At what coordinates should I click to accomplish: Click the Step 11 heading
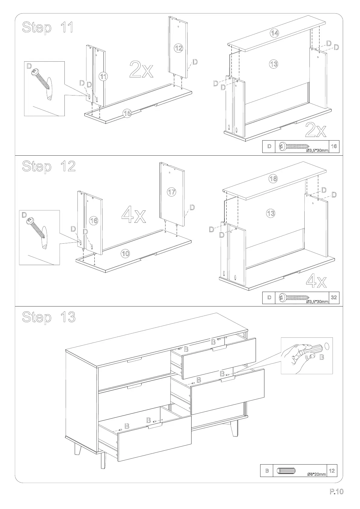pos(47,28)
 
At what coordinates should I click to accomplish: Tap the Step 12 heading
pos(48,166)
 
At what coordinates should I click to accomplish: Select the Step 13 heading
pos(48,317)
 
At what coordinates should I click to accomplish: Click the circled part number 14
pos(274,33)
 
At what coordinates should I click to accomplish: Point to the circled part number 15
pos(127,113)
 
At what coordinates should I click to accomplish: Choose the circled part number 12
pos(178,48)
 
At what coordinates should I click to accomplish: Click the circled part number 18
pos(273,179)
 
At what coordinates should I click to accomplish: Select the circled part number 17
pos(172,192)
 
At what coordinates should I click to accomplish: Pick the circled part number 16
pos(93,221)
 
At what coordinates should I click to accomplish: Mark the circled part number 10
pos(125,254)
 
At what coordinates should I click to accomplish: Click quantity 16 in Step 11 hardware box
pos(334,147)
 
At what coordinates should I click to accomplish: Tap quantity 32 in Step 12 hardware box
pos(334,297)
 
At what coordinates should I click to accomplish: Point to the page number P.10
pos(336,492)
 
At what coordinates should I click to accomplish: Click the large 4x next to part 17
pos(134,216)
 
